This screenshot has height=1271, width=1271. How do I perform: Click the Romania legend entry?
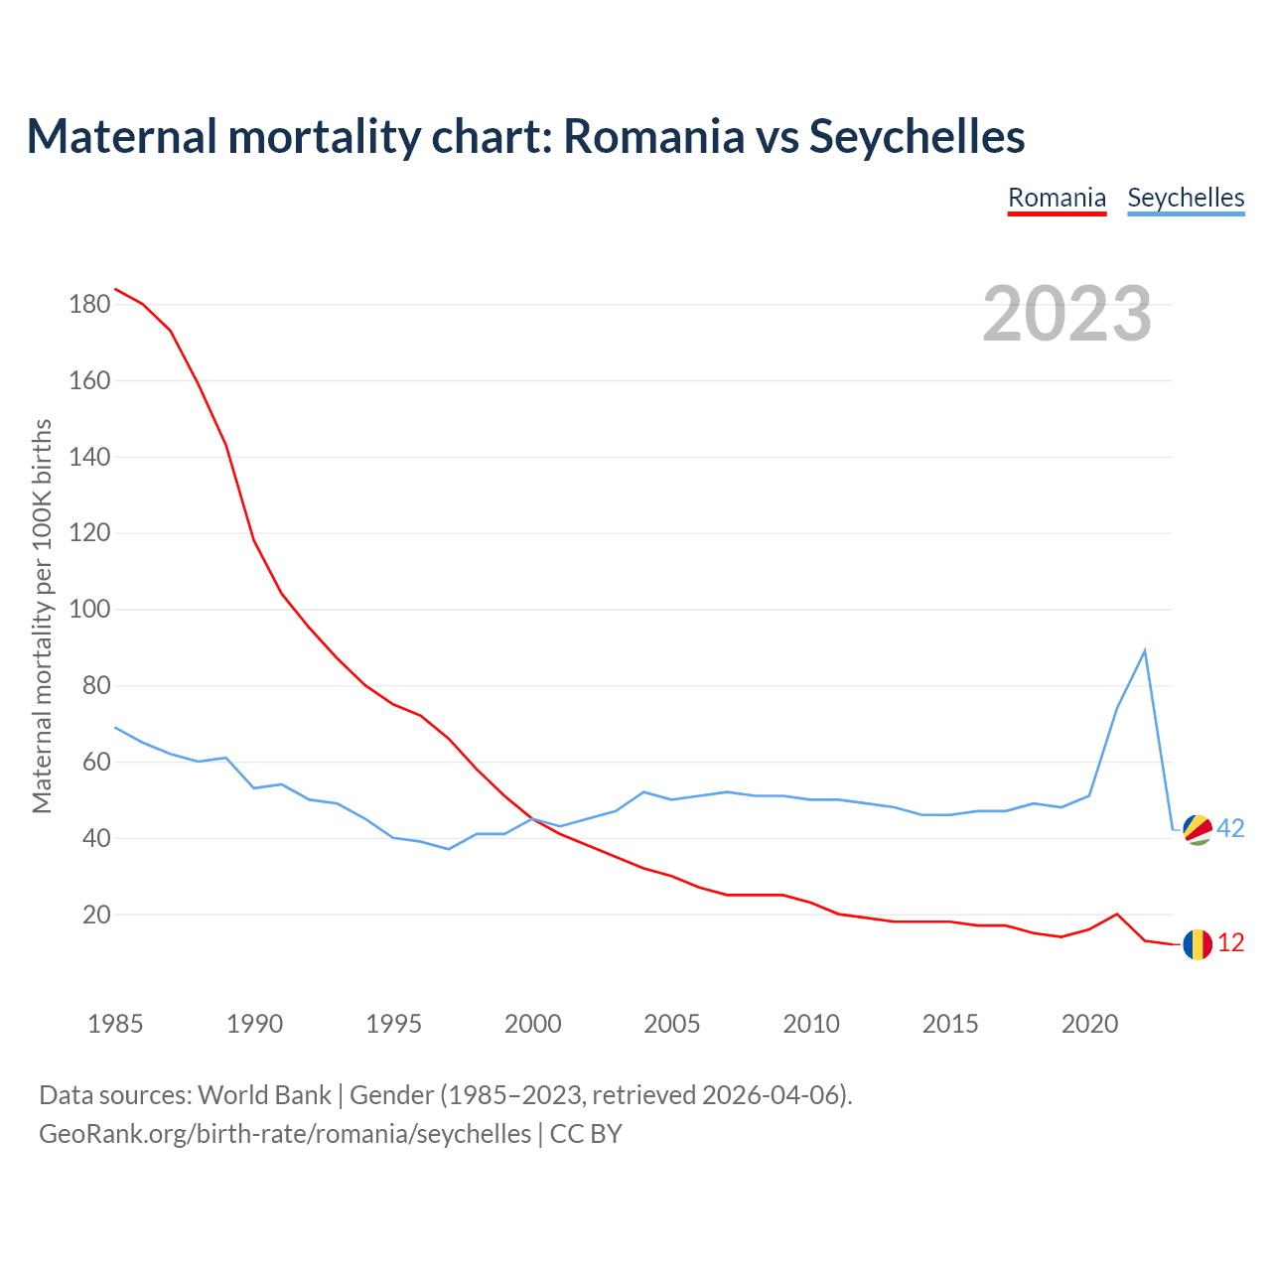point(1057,198)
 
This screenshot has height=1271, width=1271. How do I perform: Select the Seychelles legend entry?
point(1186,198)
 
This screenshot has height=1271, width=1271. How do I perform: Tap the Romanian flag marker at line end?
point(1198,943)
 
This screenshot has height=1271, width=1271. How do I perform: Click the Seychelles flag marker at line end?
point(1198,829)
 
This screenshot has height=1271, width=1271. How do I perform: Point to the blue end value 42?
point(1230,828)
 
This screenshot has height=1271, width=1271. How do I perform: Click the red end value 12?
point(1230,943)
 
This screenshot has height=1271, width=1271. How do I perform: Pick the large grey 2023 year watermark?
point(1067,314)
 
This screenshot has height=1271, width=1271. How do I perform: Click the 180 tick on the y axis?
point(89,305)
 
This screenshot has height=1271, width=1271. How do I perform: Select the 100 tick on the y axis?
point(89,610)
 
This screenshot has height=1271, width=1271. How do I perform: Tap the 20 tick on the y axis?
point(95,915)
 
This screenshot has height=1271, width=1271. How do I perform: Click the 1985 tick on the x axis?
point(115,1024)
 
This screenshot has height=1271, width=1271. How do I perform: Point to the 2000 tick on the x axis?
point(533,1024)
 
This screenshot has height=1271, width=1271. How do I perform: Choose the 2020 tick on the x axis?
point(1089,1024)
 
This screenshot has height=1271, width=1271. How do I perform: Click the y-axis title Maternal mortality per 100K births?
point(42,616)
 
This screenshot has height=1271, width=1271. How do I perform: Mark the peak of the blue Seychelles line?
point(1145,651)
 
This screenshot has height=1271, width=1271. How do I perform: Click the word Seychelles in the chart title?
point(917,136)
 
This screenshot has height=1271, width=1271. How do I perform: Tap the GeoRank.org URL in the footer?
point(285,1134)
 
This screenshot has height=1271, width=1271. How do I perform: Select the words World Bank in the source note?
point(264,1095)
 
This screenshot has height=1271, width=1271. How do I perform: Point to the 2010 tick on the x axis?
point(811,1024)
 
